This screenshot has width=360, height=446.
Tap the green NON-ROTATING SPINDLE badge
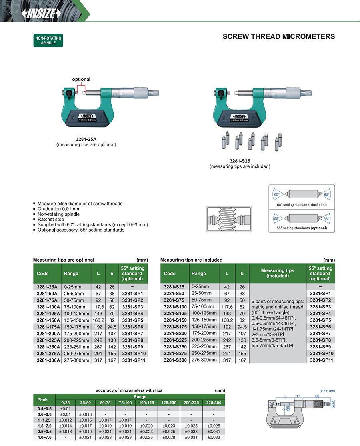(x=48, y=40)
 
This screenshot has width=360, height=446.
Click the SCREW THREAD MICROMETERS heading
(x=278, y=37)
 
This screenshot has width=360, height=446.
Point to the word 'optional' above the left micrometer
(x=81, y=79)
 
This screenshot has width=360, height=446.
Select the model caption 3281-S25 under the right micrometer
(x=240, y=161)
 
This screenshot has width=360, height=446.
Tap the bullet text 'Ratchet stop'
(x=51, y=219)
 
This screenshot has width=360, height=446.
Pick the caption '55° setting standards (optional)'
(x=302, y=228)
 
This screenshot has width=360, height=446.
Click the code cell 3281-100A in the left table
(x=48, y=307)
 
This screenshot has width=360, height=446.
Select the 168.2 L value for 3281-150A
(x=98, y=320)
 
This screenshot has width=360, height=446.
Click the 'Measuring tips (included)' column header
(x=278, y=273)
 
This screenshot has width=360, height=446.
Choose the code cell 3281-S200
(x=175, y=333)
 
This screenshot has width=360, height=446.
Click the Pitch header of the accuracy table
(x=42, y=400)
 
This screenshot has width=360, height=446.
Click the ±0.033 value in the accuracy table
(x=214, y=438)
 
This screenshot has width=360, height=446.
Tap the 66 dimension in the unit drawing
(x=317, y=396)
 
